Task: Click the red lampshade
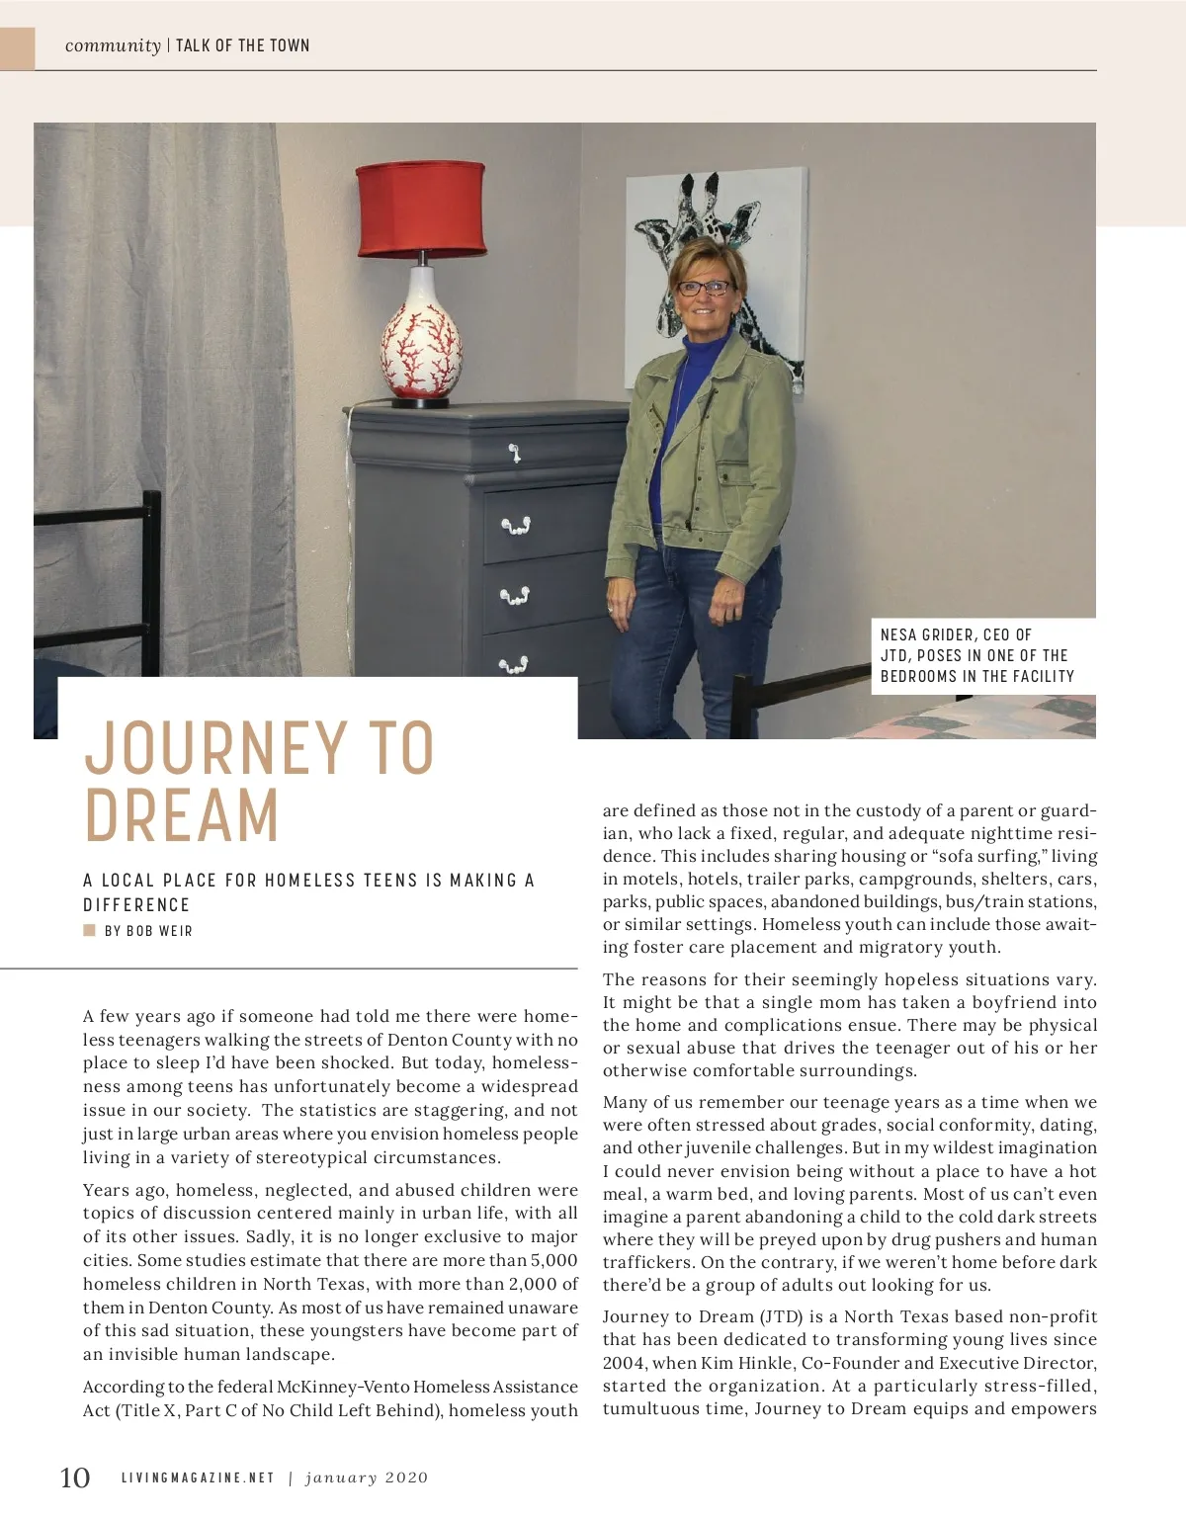tap(421, 208)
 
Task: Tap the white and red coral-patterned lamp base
tap(422, 336)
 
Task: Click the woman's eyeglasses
tap(705, 289)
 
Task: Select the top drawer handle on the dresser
tap(514, 454)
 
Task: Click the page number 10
tap(75, 1478)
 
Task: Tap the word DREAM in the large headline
tap(182, 816)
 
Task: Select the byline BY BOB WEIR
tap(148, 931)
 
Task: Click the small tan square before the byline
tap(90, 930)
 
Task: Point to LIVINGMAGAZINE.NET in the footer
tap(198, 1478)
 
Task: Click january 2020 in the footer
tap(367, 1478)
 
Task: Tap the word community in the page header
tap(113, 45)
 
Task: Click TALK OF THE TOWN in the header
tap(243, 45)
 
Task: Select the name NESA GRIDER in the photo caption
tap(928, 634)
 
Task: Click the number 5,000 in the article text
tap(553, 1260)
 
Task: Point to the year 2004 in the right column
tap(624, 1363)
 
